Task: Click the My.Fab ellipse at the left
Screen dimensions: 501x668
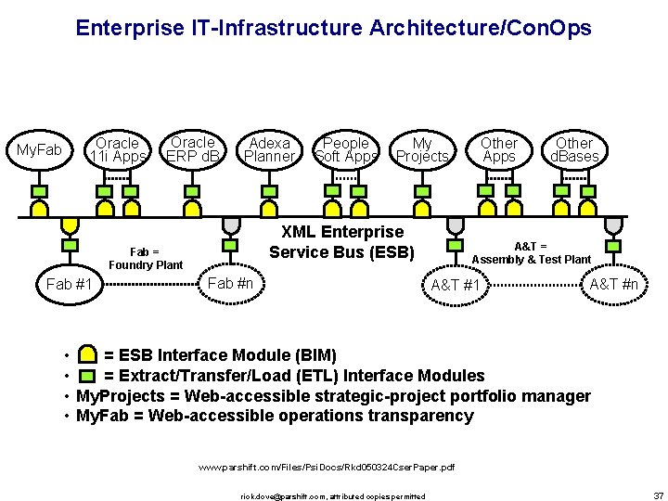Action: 39,150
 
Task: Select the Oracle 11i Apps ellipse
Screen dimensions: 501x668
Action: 117,150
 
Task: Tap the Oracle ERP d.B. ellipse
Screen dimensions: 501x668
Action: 192,149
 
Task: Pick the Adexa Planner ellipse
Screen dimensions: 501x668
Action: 269,150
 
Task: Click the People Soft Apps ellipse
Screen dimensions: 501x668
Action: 345,150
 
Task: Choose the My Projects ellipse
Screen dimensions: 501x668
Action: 422,150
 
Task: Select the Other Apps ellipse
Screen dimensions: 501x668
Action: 498,150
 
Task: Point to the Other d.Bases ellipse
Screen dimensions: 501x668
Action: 574,150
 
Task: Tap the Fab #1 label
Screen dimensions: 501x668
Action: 70,284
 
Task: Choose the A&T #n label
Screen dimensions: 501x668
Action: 614,284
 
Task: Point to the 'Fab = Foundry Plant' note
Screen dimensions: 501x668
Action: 145,258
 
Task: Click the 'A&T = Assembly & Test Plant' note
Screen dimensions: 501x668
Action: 531,252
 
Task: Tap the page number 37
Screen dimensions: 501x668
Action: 658,495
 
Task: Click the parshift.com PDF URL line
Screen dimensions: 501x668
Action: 328,468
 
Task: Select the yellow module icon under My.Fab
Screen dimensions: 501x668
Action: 39,193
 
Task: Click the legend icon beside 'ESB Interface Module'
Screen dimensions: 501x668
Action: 87,355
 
